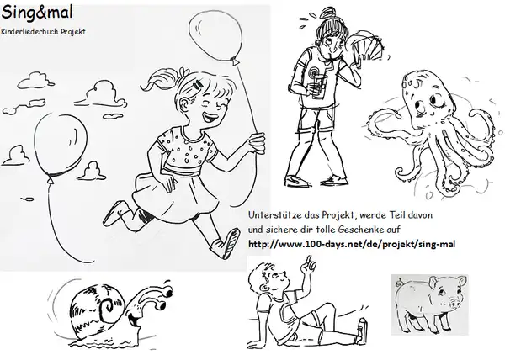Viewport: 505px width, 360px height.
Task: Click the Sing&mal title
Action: coord(37,13)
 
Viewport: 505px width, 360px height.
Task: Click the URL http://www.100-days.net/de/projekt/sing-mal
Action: coord(352,244)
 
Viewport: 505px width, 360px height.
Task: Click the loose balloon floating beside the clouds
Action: coord(61,146)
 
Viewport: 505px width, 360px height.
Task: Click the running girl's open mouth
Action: coord(210,118)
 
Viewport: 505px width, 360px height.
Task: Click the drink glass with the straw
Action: coord(319,87)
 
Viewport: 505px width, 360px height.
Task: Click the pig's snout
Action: coord(454,303)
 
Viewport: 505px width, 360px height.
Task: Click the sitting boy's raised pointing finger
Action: coord(309,260)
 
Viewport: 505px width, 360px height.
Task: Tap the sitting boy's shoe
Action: coord(362,331)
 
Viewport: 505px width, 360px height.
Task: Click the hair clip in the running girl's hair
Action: coord(198,86)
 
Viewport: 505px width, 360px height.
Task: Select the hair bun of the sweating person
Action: coord(328,13)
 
